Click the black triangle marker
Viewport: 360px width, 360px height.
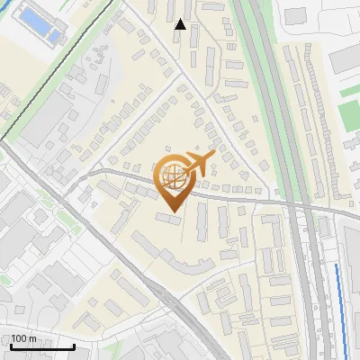tap(181, 24)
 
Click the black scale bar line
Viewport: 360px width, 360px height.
tap(42, 346)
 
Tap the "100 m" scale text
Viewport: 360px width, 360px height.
tap(23, 338)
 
